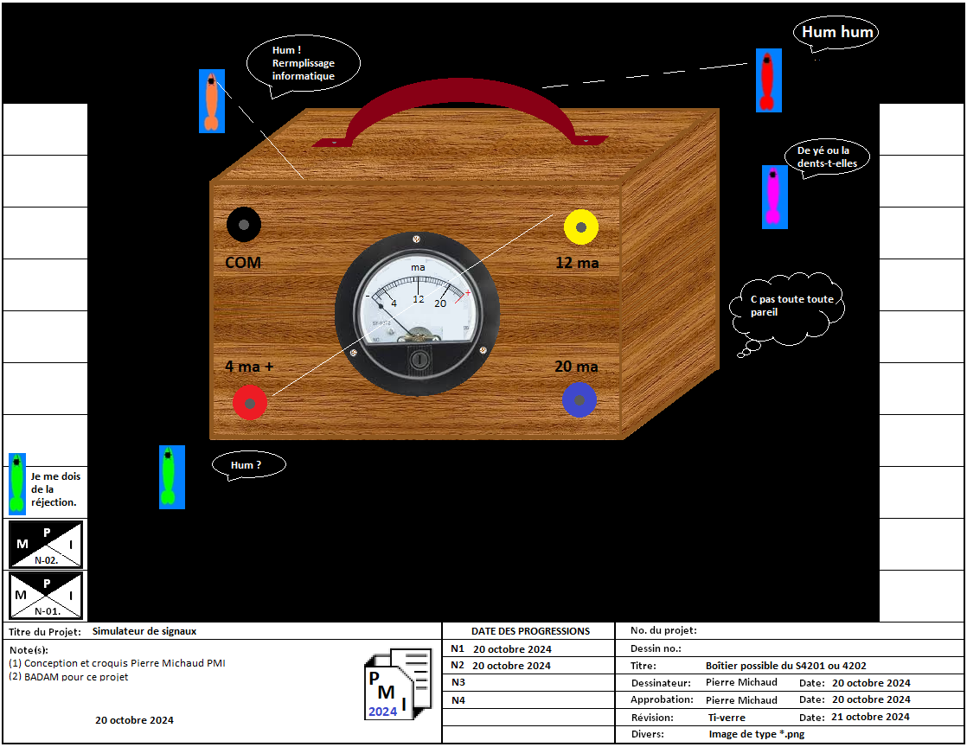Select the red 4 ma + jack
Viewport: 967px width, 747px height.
[250, 403]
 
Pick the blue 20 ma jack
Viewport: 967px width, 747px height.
[579, 400]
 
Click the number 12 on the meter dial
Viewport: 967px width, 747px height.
[418, 299]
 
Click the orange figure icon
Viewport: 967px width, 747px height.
[212, 100]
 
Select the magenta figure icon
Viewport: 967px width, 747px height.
[774, 196]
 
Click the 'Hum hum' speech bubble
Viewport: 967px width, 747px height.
[836, 34]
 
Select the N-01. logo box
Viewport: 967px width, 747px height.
[46, 594]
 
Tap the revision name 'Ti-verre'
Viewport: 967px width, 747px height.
[726, 717]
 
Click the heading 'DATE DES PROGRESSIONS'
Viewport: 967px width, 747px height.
[530, 631]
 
